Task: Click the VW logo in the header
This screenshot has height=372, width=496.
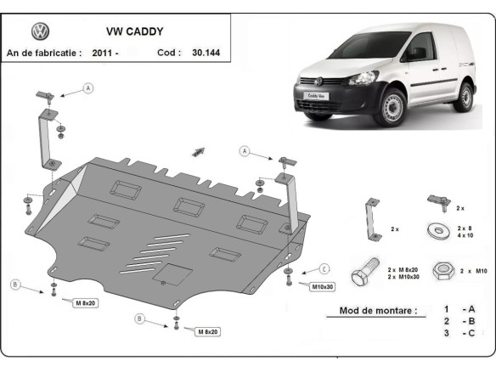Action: (x=40, y=31)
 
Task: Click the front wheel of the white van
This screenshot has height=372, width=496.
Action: (x=393, y=109)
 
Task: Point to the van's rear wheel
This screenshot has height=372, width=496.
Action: (x=463, y=97)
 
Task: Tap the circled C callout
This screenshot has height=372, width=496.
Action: (x=324, y=268)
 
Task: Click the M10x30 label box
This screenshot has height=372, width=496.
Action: (x=322, y=286)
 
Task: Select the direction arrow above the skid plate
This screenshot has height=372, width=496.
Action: (x=200, y=151)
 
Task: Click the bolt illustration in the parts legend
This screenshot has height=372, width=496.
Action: (x=369, y=270)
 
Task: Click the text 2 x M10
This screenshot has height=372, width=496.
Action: (x=473, y=270)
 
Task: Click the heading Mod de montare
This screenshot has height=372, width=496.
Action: (x=378, y=311)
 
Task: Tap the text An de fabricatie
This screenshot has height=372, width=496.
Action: (x=44, y=52)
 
